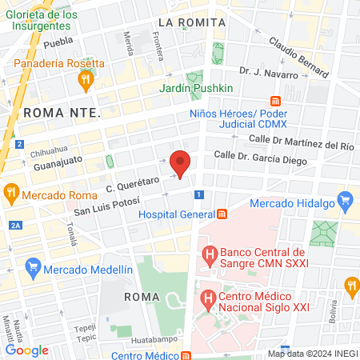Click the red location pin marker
click(x=181, y=163)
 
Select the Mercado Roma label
click(x=55, y=194)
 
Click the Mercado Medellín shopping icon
click(x=33, y=265)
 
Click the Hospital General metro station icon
click(x=222, y=214)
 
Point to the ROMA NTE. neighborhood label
click(x=62, y=113)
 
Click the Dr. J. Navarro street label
click(x=268, y=74)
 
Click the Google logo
click(x=26, y=350)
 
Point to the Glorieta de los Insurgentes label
click(x=46, y=21)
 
